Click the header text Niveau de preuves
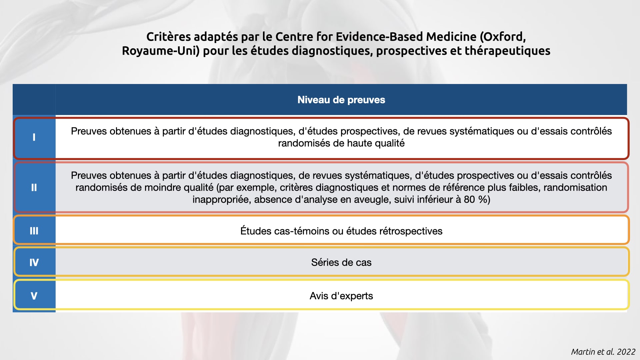tap(341, 100)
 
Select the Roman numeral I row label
tap(34, 137)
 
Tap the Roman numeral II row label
tap(34, 188)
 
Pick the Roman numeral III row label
tap(34, 231)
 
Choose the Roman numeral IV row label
tap(34, 263)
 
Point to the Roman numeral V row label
tap(34, 296)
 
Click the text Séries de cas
tap(341, 262)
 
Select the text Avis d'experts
tap(341, 296)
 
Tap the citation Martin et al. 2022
tap(603, 352)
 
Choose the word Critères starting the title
tap(169, 37)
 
